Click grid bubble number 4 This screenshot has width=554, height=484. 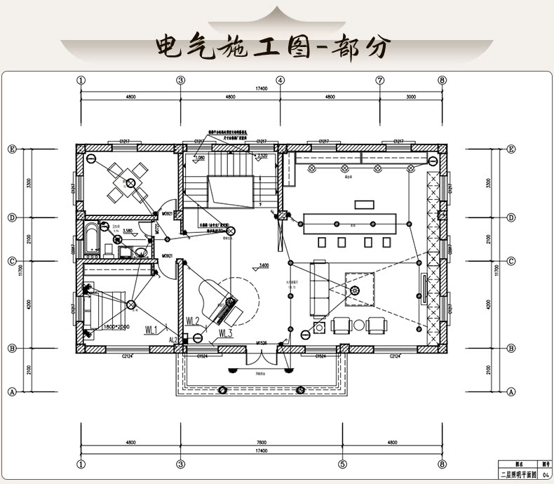click(x=280, y=80)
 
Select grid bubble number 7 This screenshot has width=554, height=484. click(x=379, y=80)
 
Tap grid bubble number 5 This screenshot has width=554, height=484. click(x=342, y=464)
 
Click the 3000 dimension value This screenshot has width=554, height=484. click(x=411, y=97)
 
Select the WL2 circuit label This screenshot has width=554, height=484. click(x=194, y=321)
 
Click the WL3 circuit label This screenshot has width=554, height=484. click(x=226, y=332)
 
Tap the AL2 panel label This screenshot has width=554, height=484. click(x=173, y=340)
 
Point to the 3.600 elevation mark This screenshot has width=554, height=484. click(x=264, y=266)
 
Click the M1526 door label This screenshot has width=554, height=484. click(x=261, y=342)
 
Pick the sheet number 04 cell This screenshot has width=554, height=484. click(x=545, y=475)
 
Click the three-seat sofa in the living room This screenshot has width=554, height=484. click(x=319, y=286)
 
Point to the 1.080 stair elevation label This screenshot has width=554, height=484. click(x=201, y=158)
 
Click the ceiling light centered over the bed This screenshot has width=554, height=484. click(x=130, y=304)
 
